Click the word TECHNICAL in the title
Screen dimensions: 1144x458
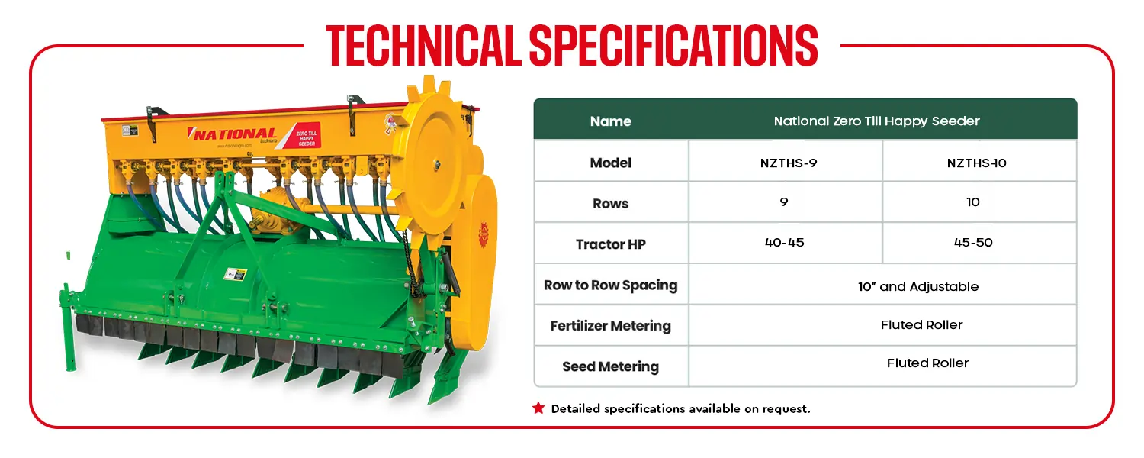424,46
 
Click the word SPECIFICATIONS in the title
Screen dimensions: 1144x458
673,46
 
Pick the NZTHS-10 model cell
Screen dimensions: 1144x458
976,163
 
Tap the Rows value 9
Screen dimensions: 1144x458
784,202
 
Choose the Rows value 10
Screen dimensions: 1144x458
973,202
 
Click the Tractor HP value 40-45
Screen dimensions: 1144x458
785,242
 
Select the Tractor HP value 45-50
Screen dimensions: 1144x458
973,242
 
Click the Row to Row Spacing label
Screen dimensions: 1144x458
611,285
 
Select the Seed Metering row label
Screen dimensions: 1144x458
611,366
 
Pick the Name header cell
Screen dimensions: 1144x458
611,121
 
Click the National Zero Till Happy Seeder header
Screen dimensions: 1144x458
877,121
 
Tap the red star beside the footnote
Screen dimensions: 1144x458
538,408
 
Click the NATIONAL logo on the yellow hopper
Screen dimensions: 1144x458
233,134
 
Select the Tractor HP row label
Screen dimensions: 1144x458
611,244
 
